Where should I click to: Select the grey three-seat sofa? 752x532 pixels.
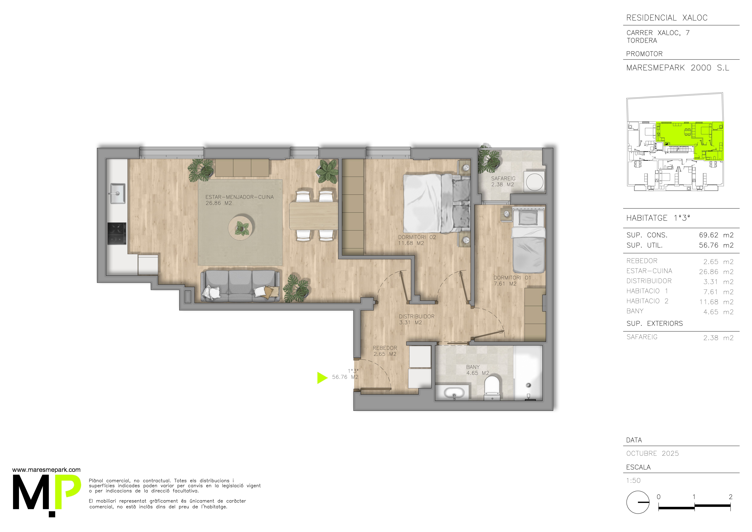click(x=240, y=286)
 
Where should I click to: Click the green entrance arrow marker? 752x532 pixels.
click(x=322, y=378)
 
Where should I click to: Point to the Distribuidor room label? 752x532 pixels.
click(x=417, y=319)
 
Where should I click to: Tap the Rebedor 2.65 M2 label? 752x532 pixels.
click(x=385, y=351)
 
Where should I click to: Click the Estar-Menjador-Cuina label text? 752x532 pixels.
click(x=239, y=197)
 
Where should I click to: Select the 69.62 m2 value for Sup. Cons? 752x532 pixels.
click(x=716, y=235)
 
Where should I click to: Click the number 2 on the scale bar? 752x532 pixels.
click(x=730, y=497)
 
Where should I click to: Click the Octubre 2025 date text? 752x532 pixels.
click(x=652, y=453)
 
